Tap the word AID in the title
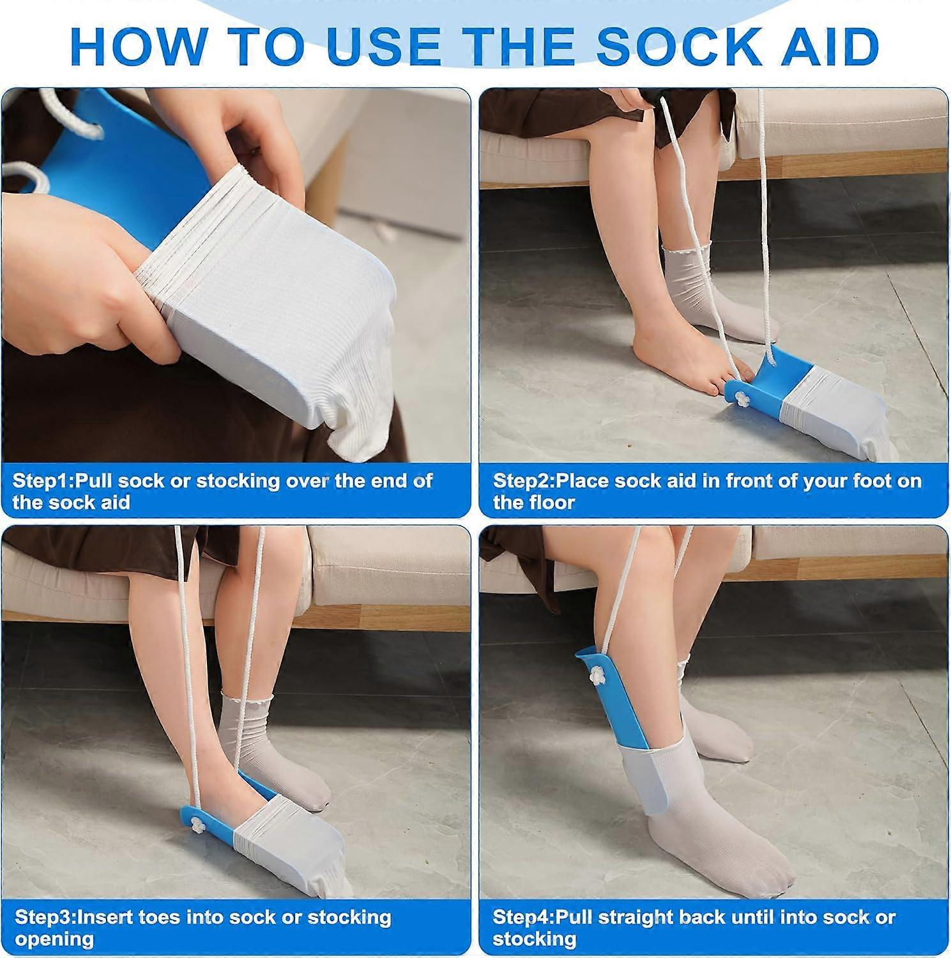[828, 46]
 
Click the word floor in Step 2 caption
[553, 503]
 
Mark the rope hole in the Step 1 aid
[93, 131]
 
